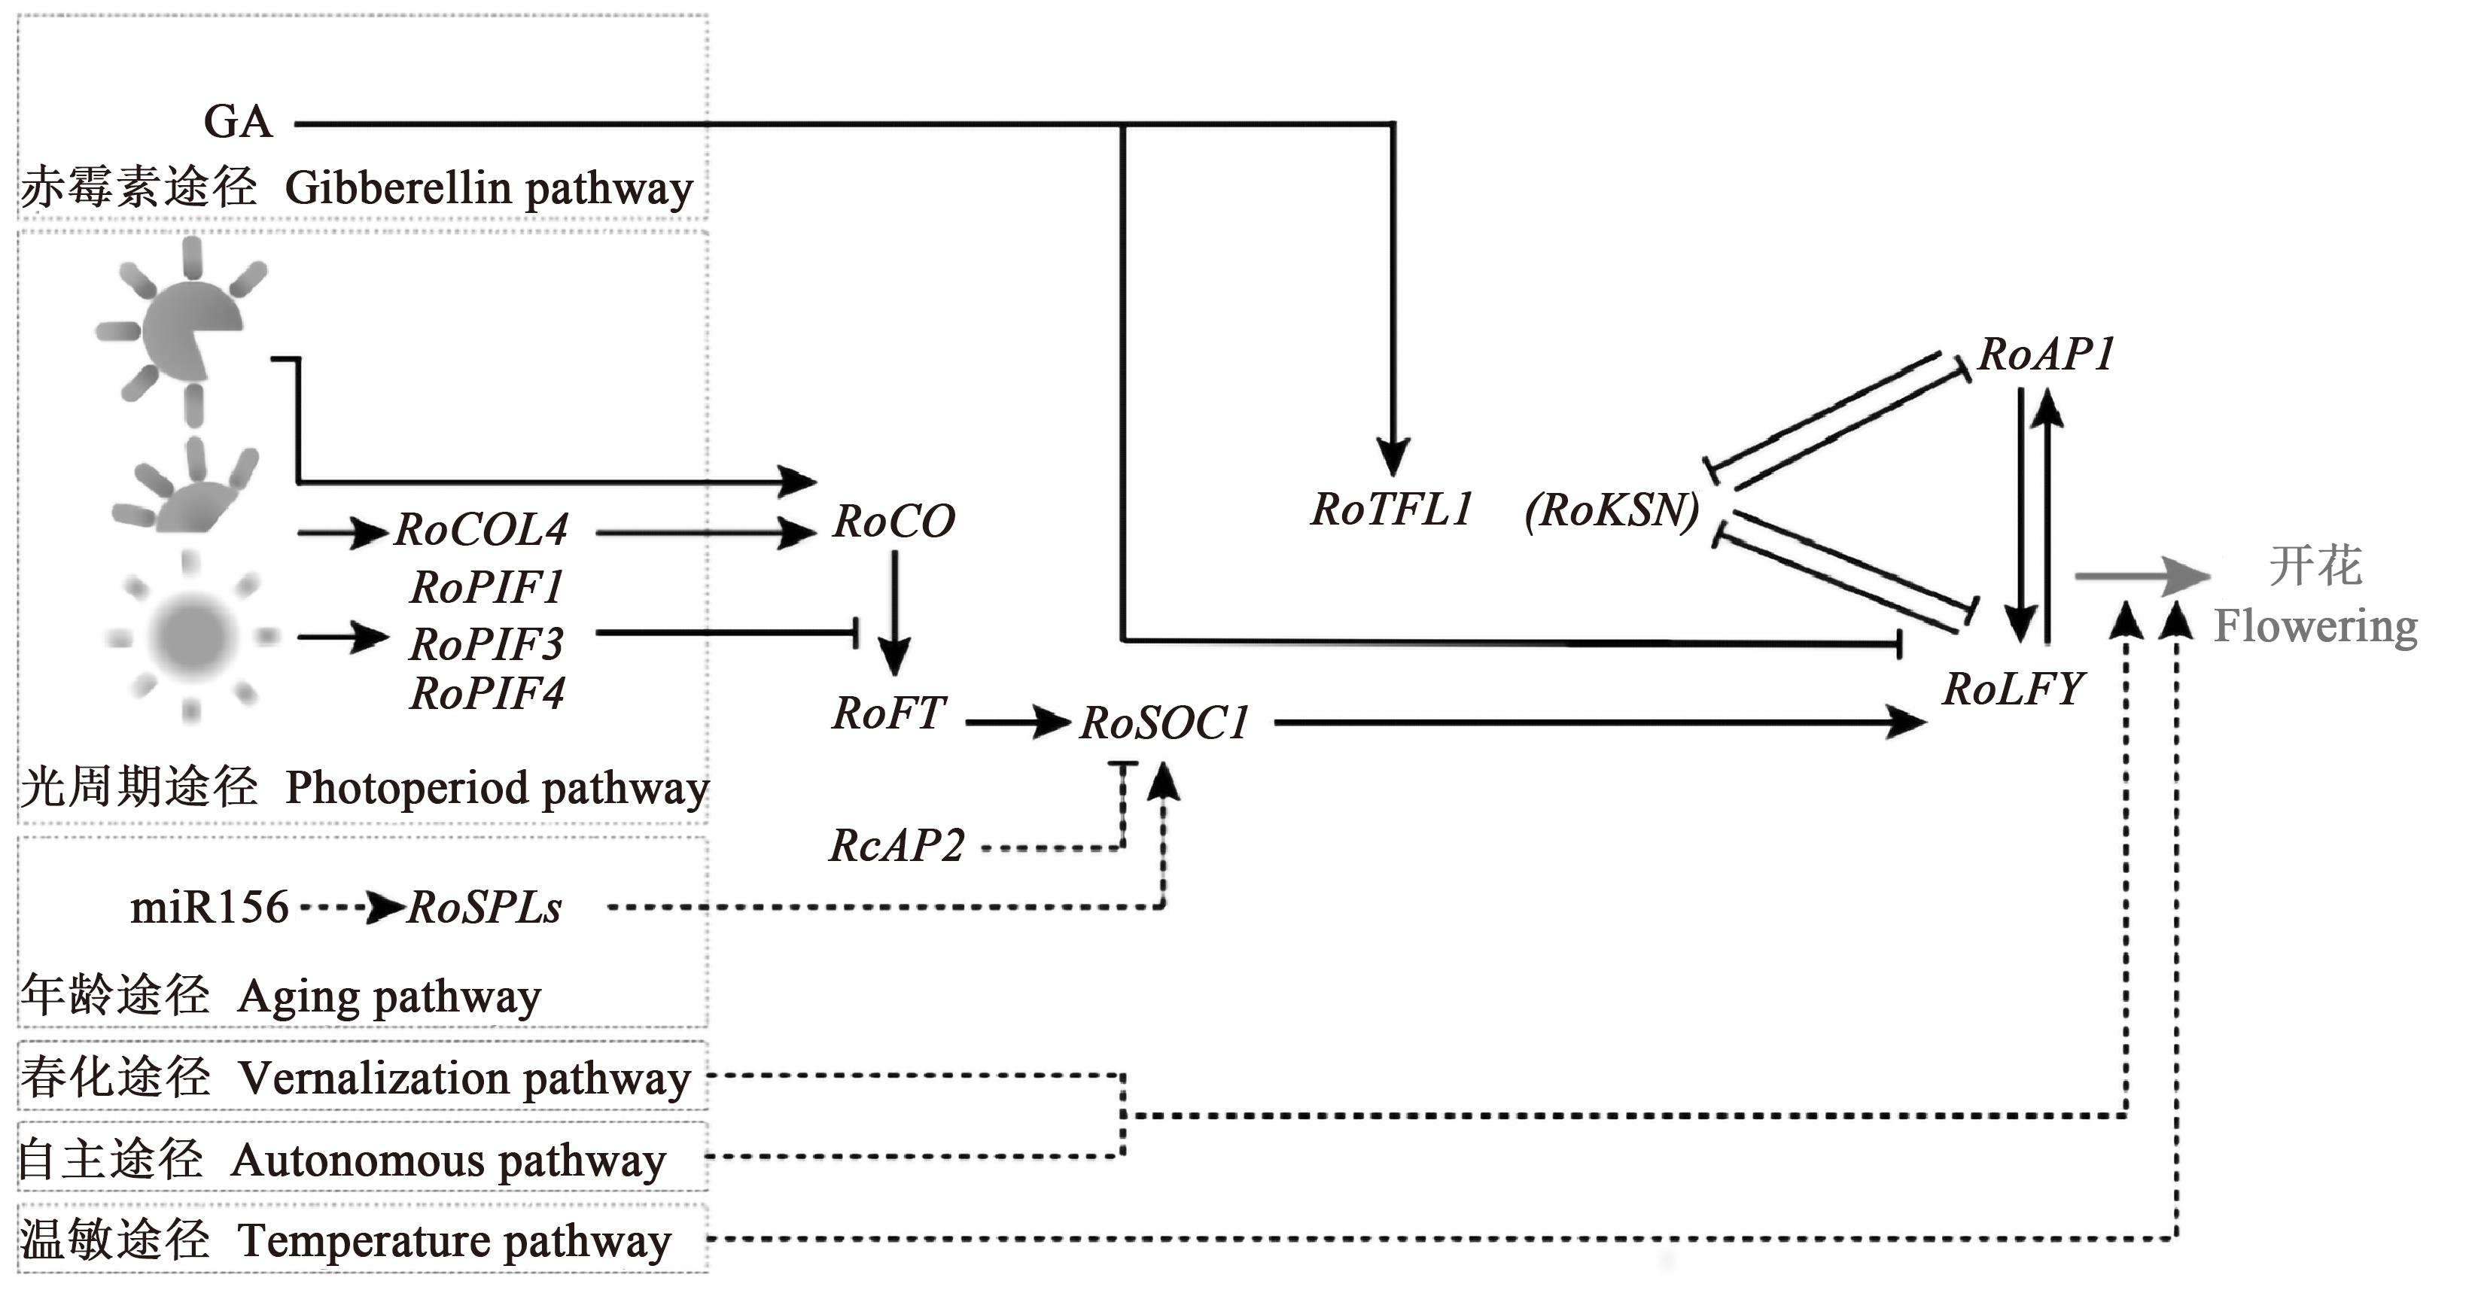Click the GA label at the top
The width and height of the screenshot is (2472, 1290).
238,122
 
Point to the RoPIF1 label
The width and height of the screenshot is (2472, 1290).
486,587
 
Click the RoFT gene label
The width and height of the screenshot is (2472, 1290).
889,713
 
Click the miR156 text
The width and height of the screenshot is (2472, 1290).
209,907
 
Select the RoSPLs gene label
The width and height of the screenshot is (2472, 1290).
485,908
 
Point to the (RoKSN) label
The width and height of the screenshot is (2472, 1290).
1612,510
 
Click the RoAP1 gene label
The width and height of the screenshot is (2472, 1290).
2046,354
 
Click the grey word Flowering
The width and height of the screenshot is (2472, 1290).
2315,627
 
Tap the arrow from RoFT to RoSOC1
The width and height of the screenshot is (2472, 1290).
1017,722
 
